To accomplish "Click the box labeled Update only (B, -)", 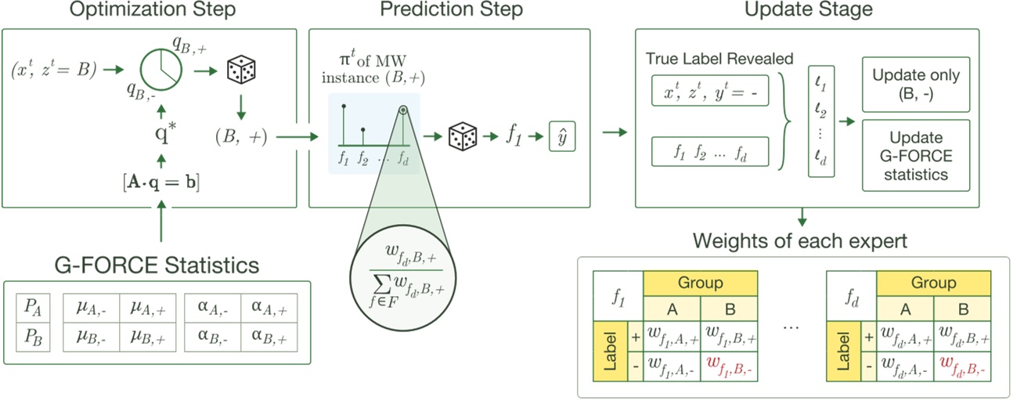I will click(x=915, y=85).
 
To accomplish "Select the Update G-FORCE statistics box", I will click(x=915, y=154).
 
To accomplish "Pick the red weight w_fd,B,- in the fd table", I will click(x=963, y=365).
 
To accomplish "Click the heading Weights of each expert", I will click(x=801, y=240).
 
